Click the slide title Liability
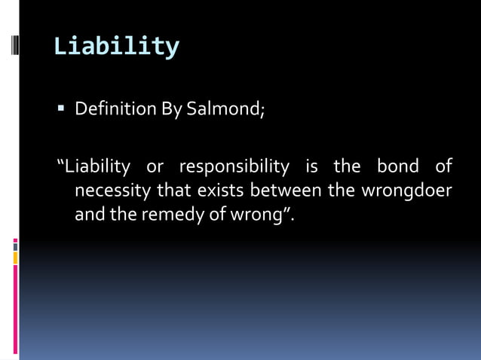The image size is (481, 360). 116,47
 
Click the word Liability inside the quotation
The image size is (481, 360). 97,166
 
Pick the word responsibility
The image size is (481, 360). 234,166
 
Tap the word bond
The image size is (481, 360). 397,166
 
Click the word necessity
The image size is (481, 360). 112,191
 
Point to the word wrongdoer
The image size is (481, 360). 406,191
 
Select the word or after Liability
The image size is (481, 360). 155,166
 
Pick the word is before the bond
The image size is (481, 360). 312,166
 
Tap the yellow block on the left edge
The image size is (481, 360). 15,258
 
